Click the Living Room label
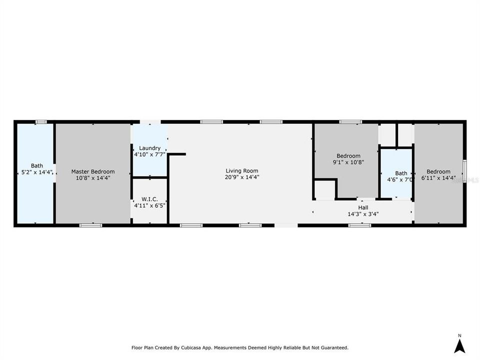coord(242,171)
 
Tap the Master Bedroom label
coord(92,171)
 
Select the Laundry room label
coord(149,148)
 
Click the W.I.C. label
coord(149,199)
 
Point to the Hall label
coord(363,207)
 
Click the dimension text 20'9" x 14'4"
coord(242,177)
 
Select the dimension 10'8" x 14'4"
coord(92,177)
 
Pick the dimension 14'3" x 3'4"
coord(363,214)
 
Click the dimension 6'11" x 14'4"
coord(438,177)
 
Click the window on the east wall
coord(464,171)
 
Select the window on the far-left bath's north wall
coord(41,121)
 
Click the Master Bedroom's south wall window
coord(87,225)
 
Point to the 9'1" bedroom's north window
coord(350,121)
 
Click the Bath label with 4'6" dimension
coord(401,173)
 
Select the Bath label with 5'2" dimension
coord(37,165)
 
